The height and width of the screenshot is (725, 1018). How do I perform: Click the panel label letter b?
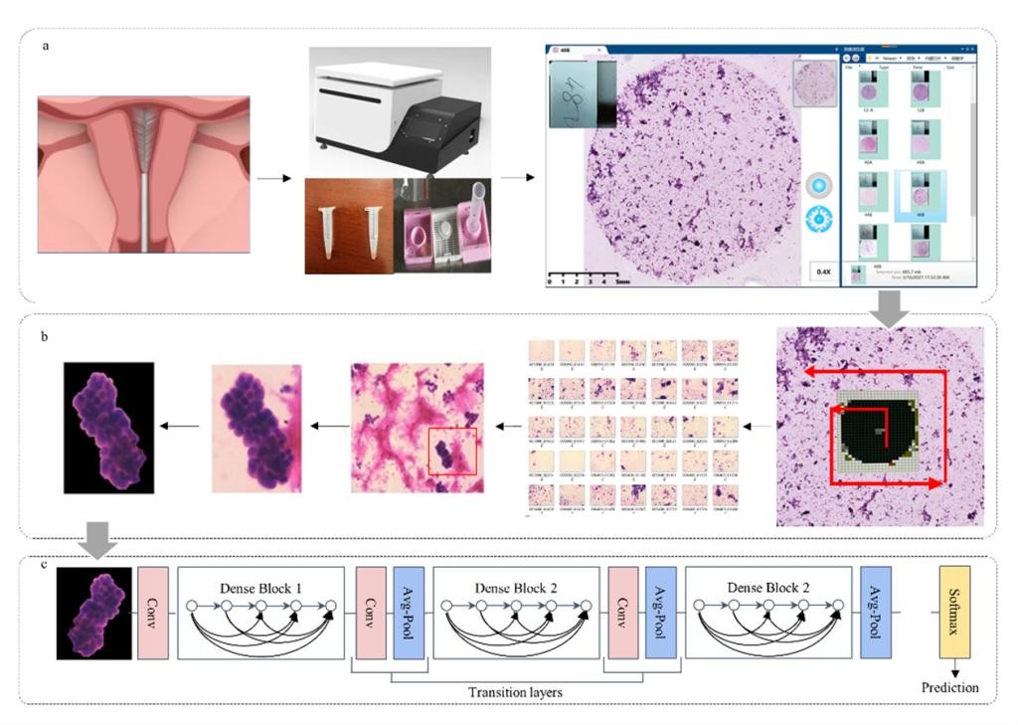(45, 337)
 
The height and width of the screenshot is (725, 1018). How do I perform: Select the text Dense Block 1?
(260, 589)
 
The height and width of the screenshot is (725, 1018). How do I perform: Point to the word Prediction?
(949, 687)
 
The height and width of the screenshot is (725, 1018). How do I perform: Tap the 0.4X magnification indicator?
(822, 271)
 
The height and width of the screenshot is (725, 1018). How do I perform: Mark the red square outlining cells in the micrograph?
(452, 452)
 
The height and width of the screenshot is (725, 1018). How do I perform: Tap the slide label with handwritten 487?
(582, 92)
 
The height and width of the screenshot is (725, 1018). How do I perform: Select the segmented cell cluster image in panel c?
(94, 613)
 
